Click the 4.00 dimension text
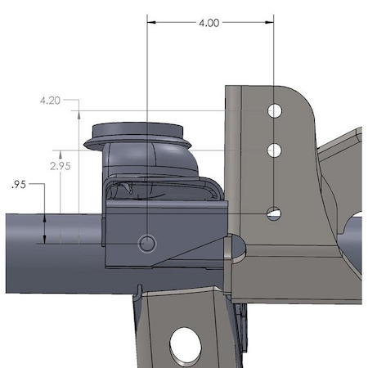[x=209, y=23]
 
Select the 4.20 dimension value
[x=50, y=101]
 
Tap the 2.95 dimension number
[x=61, y=166]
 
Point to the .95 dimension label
[x=19, y=185]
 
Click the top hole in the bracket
[x=275, y=111]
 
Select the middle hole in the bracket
[x=274, y=150]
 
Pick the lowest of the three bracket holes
[x=274, y=213]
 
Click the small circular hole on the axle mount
[x=147, y=244]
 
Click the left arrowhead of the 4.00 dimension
[x=151, y=22]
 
